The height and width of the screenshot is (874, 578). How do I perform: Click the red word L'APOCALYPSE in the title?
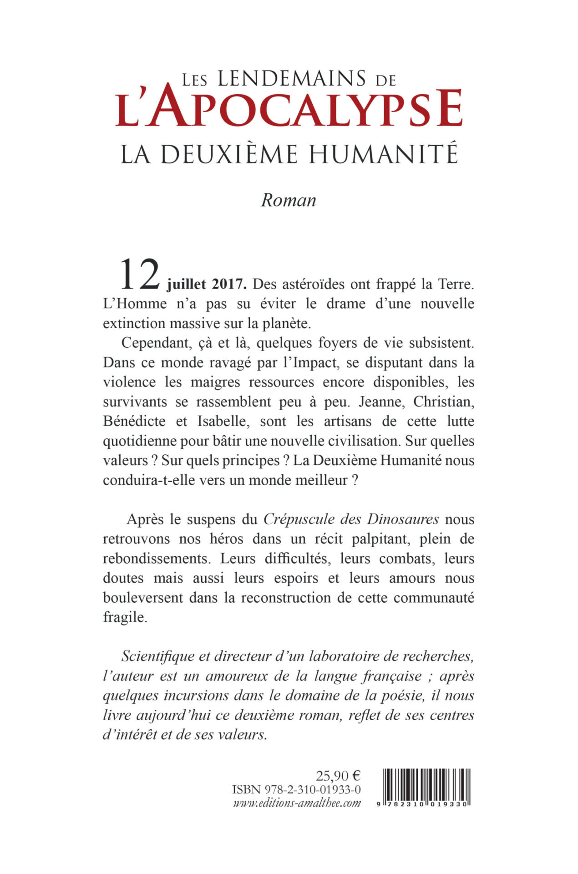tap(289, 108)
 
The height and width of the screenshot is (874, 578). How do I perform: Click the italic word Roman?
tap(288, 200)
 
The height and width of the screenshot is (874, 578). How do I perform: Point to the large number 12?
tap(139, 275)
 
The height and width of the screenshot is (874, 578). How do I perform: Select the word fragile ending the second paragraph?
tap(125, 618)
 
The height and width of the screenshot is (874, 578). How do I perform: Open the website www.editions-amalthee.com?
tap(297, 803)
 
